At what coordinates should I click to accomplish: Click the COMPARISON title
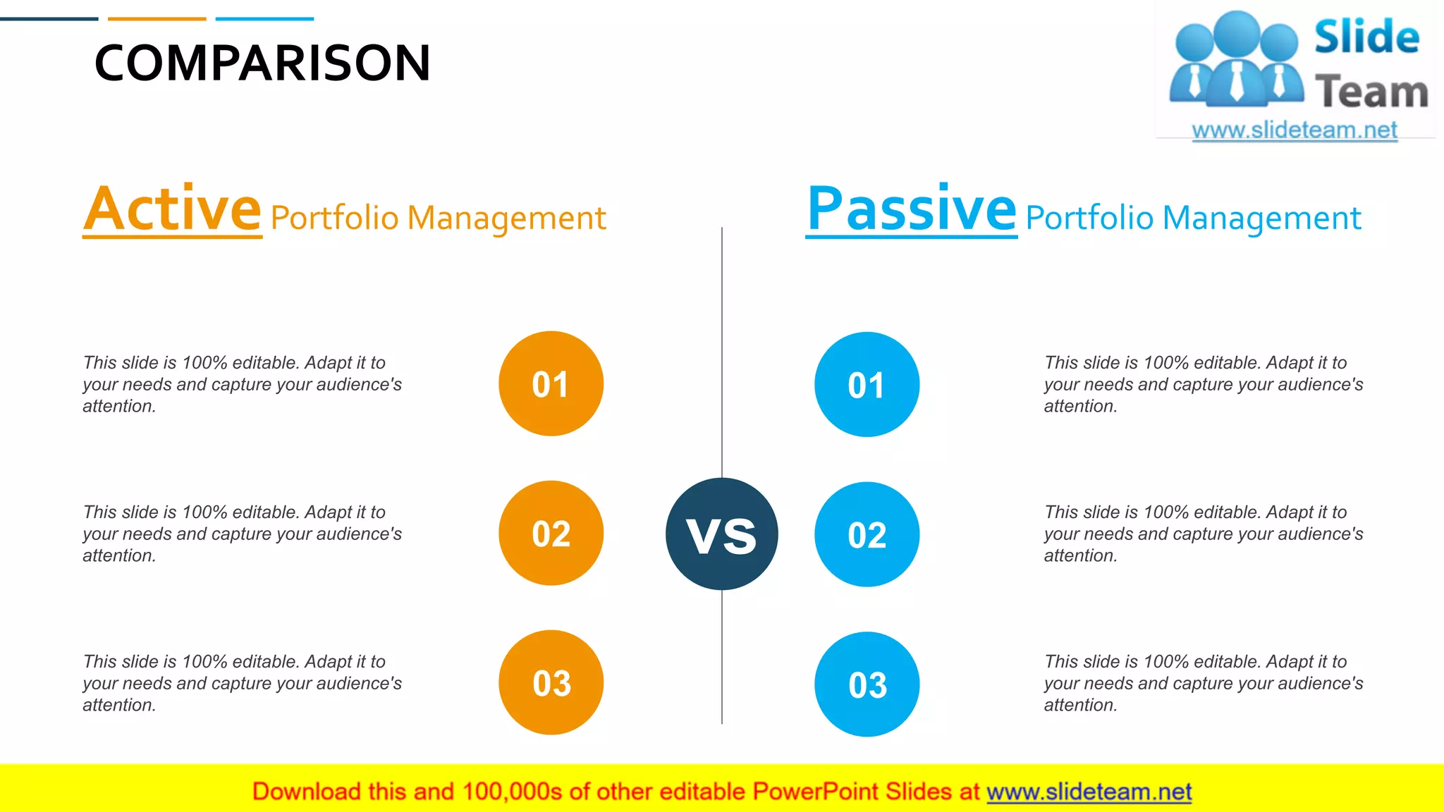pos(262,63)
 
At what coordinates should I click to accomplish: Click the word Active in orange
pos(173,209)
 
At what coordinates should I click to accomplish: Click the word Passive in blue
pos(911,209)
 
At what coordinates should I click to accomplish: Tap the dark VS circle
pos(721,534)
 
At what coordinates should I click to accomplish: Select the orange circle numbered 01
pos(551,384)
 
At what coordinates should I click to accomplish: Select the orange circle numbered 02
pos(551,534)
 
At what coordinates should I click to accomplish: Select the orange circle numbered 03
pos(551,683)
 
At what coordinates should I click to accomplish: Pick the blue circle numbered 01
pos(867,385)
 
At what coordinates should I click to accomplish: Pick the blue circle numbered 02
pos(867,535)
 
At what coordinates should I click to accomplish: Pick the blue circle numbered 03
pos(867,684)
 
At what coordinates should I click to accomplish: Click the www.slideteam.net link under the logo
pos(1295,130)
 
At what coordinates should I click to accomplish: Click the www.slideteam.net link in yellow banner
pos(1089,792)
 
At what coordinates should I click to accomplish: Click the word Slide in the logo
pos(1366,37)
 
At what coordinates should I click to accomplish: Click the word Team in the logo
pos(1371,92)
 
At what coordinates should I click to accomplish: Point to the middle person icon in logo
pos(1237,60)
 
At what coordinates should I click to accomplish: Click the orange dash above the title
pos(157,19)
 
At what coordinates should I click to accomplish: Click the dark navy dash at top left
pos(49,19)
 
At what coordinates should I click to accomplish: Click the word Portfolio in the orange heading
pos(335,219)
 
